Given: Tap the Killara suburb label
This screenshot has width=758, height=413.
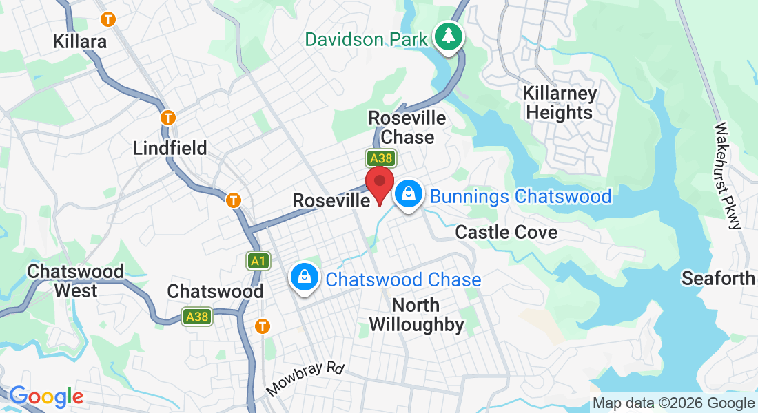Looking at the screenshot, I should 80,41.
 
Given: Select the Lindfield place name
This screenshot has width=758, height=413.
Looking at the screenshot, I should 170,148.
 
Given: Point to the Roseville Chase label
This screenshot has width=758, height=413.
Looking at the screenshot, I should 407,127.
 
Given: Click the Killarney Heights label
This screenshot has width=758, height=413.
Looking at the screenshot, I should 559,103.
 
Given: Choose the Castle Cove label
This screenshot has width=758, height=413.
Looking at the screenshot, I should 506,232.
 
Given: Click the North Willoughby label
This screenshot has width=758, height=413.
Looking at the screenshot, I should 416,315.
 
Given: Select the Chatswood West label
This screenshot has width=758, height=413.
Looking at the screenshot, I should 76,281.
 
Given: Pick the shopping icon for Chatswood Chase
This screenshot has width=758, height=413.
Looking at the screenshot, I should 304,277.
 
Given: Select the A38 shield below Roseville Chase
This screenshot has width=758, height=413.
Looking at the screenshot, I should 381,159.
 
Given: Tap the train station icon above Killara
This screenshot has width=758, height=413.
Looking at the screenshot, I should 107,19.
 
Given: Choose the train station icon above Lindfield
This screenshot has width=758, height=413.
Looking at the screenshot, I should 167,118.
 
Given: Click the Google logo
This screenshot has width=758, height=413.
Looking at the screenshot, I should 45,396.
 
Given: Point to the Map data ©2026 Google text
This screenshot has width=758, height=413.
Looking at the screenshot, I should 674,403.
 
